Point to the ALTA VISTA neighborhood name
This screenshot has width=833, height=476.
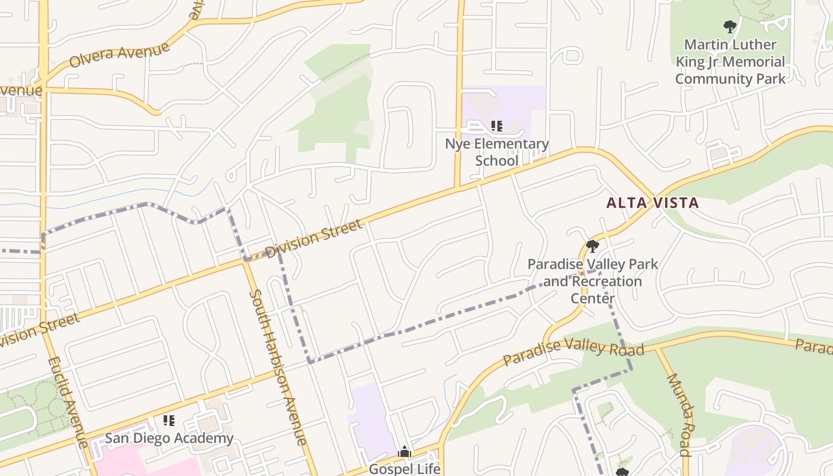[x=652, y=203]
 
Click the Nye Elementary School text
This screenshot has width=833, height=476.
[x=497, y=152]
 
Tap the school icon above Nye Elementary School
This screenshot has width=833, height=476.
[x=497, y=126]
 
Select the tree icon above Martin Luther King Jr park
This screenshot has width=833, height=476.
[x=729, y=27]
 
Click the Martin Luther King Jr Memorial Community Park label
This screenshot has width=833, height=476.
[x=730, y=62]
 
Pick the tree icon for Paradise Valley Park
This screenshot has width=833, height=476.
[x=592, y=246]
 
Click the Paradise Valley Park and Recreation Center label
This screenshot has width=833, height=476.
[x=593, y=281]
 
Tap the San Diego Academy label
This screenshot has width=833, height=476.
[x=169, y=439]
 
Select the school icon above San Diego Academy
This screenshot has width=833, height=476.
[x=169, y=421]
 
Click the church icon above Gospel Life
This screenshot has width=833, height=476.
[x=405, y=452]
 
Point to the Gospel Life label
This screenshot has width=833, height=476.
[x=405, y=469]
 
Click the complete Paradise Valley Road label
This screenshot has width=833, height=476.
[x=574, y=352]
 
